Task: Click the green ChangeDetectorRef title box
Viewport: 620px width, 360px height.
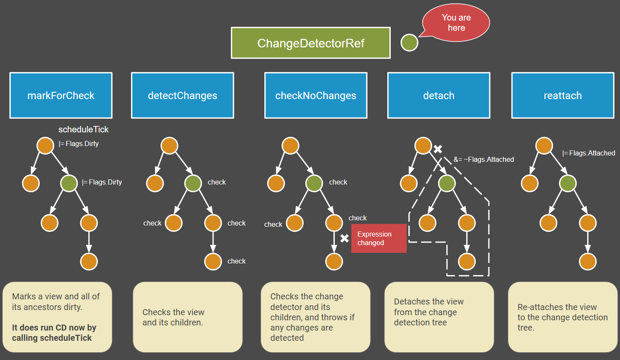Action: click(x=310, y=43)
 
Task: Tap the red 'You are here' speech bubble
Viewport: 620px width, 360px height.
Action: click(x=456, y=23)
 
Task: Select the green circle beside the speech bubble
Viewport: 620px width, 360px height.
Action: click(x=409, y=43)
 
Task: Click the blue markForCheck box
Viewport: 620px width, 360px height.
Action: click(x=61, y=95)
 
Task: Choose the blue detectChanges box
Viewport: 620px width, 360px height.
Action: click(x=182, y=95)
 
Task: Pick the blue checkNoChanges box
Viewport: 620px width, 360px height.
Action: click(x=316, y=95)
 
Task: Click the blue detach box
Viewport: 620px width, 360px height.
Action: click(x=439, y=95)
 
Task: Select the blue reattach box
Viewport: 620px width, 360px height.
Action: click(x=562, y=95)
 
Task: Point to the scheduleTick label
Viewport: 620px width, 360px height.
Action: click(x=83, y=129)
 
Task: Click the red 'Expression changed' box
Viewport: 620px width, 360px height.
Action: click(x=378, y=238)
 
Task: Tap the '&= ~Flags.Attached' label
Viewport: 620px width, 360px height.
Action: click(x=483, y=159)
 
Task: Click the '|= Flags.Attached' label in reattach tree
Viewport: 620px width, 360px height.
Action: click(x=588, y=153)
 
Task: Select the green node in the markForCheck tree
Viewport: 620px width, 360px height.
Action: click(x=69, y=183)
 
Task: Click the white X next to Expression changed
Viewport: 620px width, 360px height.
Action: click(x=345, y=238)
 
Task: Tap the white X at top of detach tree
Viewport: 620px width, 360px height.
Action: click(x=438, y=149)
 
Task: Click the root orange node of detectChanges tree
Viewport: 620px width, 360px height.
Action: click(x=170, y=146)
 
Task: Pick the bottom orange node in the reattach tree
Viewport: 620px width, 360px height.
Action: click(x=588, y=261)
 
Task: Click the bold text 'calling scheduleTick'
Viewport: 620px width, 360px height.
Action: click(x=52, y=338)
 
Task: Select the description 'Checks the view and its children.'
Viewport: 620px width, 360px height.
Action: click(x=173, y=317)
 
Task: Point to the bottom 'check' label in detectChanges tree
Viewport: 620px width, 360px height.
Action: click(x=236, y=261)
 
